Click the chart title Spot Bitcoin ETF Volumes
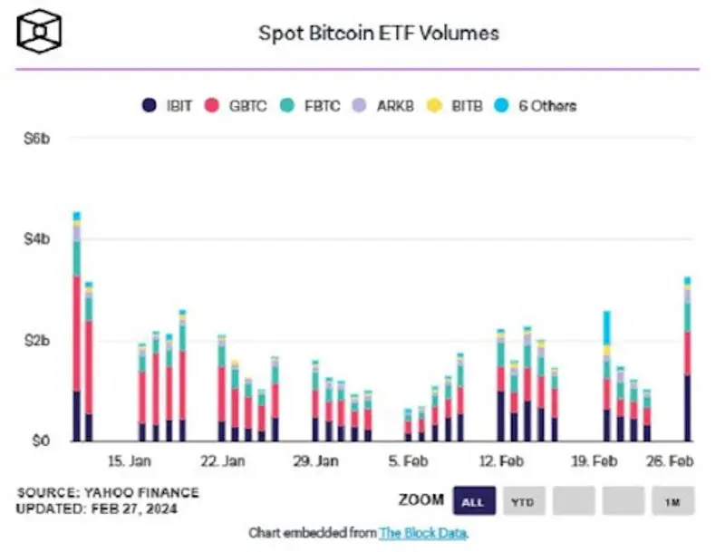379,34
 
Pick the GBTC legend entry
238,105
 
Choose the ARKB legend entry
385,105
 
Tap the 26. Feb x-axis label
671,461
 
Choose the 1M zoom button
672,500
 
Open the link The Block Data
423,532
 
